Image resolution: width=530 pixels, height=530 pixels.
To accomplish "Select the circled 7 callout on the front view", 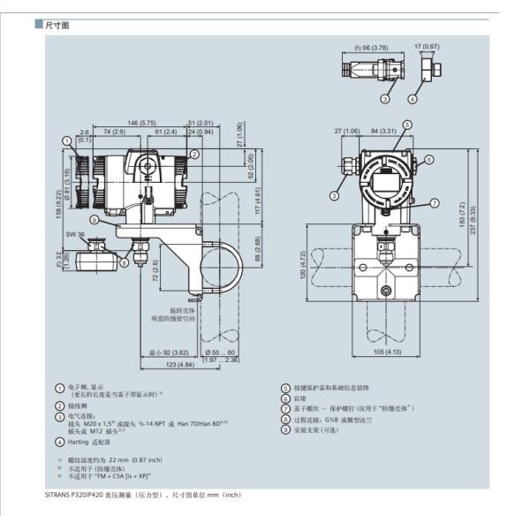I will pyautogui.click(x=435, y=204).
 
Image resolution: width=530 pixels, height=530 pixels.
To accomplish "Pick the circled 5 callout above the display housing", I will pyautogui.click(x=405, y=125).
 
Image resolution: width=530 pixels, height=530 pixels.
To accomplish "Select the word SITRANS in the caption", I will pyautogui.click(x=61, y=494).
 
